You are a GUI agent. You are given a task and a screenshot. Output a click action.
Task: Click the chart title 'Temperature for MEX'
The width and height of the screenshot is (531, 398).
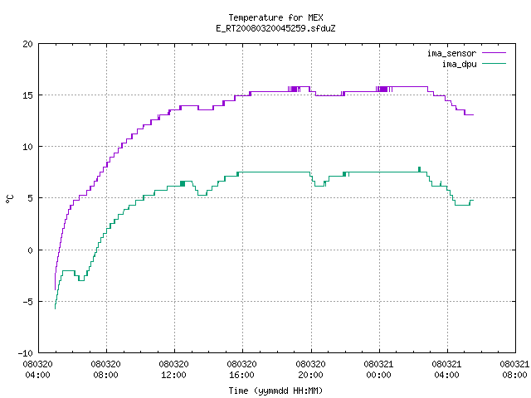point(275,17)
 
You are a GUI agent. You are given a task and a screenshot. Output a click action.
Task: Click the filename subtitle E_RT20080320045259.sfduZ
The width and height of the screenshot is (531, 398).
point(275,28)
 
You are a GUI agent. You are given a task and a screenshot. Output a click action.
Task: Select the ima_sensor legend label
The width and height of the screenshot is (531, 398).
point(451,53)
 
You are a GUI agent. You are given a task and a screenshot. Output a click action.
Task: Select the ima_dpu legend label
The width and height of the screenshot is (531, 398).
point(459,64)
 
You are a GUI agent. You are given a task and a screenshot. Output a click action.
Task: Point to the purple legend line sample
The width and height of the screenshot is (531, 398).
point(494,53)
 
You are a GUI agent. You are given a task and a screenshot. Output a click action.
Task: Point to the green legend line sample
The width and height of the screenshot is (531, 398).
point(494,64)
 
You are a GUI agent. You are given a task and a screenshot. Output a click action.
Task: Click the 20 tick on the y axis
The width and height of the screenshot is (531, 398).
point(27,44)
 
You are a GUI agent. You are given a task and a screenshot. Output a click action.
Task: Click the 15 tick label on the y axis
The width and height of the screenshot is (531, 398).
point(27,95)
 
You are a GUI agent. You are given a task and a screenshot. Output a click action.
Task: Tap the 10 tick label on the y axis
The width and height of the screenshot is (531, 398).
point(27,147)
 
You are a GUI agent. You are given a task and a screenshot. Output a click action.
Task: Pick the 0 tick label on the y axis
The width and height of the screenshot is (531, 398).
point(31,250)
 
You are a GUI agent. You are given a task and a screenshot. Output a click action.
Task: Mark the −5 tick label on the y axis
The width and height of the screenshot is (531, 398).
point(26,302)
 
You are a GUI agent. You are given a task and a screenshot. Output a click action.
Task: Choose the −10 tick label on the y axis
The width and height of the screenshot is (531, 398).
point(26,353)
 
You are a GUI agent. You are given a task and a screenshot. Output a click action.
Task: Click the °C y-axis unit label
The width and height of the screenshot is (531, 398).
point(10,199)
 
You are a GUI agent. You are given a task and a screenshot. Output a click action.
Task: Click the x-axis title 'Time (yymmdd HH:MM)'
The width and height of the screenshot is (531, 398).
point(275,391)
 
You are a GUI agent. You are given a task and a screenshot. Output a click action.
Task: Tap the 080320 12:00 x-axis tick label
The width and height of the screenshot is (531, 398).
point(173,370)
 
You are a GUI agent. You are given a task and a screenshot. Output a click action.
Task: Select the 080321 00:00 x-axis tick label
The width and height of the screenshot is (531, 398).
point(378,370)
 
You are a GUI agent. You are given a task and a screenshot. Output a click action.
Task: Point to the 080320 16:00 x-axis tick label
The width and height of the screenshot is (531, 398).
point(241,370)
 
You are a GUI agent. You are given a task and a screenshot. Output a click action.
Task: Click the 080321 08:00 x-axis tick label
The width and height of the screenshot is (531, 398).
point(514,370)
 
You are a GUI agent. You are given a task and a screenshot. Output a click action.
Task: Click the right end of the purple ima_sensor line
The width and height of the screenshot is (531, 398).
point(473,115)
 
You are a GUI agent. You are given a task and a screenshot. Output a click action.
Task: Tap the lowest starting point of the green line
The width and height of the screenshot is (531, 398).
point(56,308)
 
